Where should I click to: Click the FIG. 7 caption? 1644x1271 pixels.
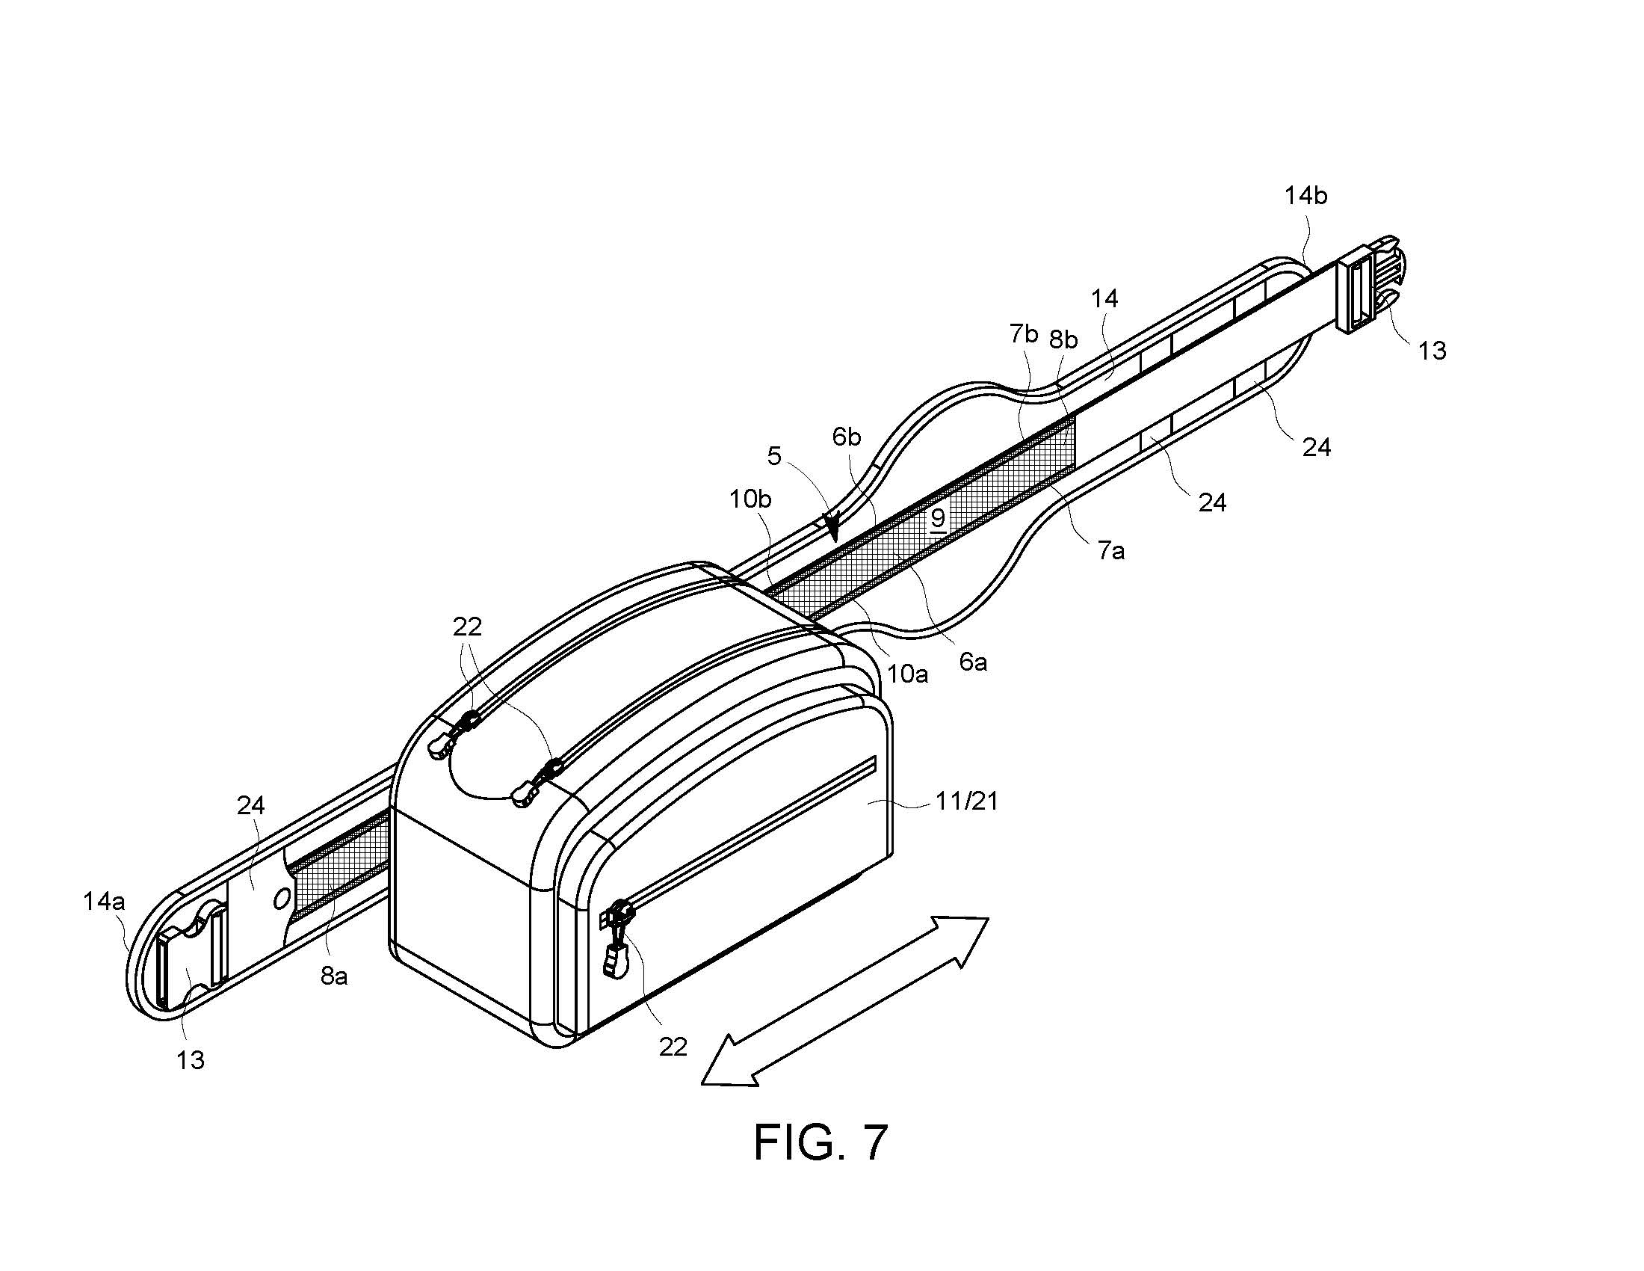coord(821,1142)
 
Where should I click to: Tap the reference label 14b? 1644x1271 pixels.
coord(1305,196)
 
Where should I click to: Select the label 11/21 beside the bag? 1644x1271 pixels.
coord(967,801)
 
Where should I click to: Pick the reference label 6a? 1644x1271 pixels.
coord(972,662)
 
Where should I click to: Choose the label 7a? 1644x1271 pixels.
coord(1110,551)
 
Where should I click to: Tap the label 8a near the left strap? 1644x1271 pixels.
coord(334,976)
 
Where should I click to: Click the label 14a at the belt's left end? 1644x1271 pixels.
coord(104,901)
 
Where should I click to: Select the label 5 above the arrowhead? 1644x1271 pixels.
coord(775,455)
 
